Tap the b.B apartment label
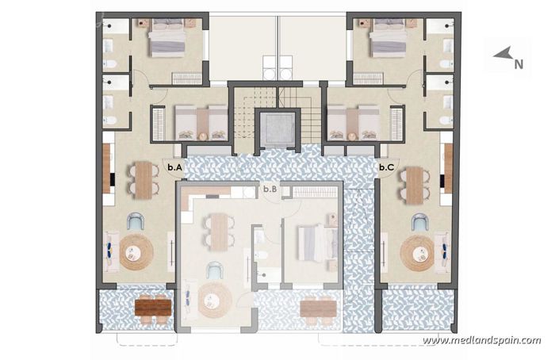[x=270, y=189]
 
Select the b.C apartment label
[x=387, y=167]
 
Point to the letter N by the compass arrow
[x=519, y=65]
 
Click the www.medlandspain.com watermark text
[x=481, y=341]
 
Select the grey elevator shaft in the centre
[x=278, y=129]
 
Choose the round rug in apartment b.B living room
[x=215, y=301]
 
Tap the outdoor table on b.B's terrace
[x=319, y=306]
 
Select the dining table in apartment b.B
[x=216, y=232]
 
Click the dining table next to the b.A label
[x=143, y=180]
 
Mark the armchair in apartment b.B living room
[x=215, y=271]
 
